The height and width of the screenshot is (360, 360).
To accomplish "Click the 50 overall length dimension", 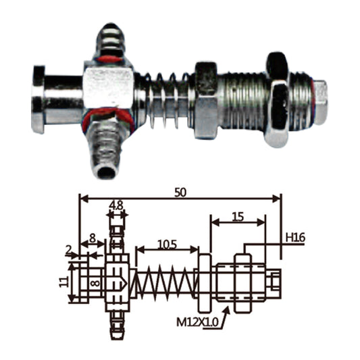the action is point(180,192).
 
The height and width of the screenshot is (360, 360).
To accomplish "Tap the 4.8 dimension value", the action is point(116,205).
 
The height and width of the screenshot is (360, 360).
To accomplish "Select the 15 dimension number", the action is point(238,217).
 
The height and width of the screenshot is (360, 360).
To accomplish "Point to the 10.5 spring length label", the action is point(168,245).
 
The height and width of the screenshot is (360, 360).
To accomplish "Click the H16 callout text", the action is point(295,238).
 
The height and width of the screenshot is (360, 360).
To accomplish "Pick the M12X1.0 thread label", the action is point(197,322).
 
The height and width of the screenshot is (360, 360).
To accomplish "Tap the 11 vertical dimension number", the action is point(64,282).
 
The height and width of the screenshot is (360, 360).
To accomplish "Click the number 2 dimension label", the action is point(68,251).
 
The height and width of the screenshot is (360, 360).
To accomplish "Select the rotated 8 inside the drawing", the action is point(95,283).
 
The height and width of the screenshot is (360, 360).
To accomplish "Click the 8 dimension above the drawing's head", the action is point(93,238).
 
